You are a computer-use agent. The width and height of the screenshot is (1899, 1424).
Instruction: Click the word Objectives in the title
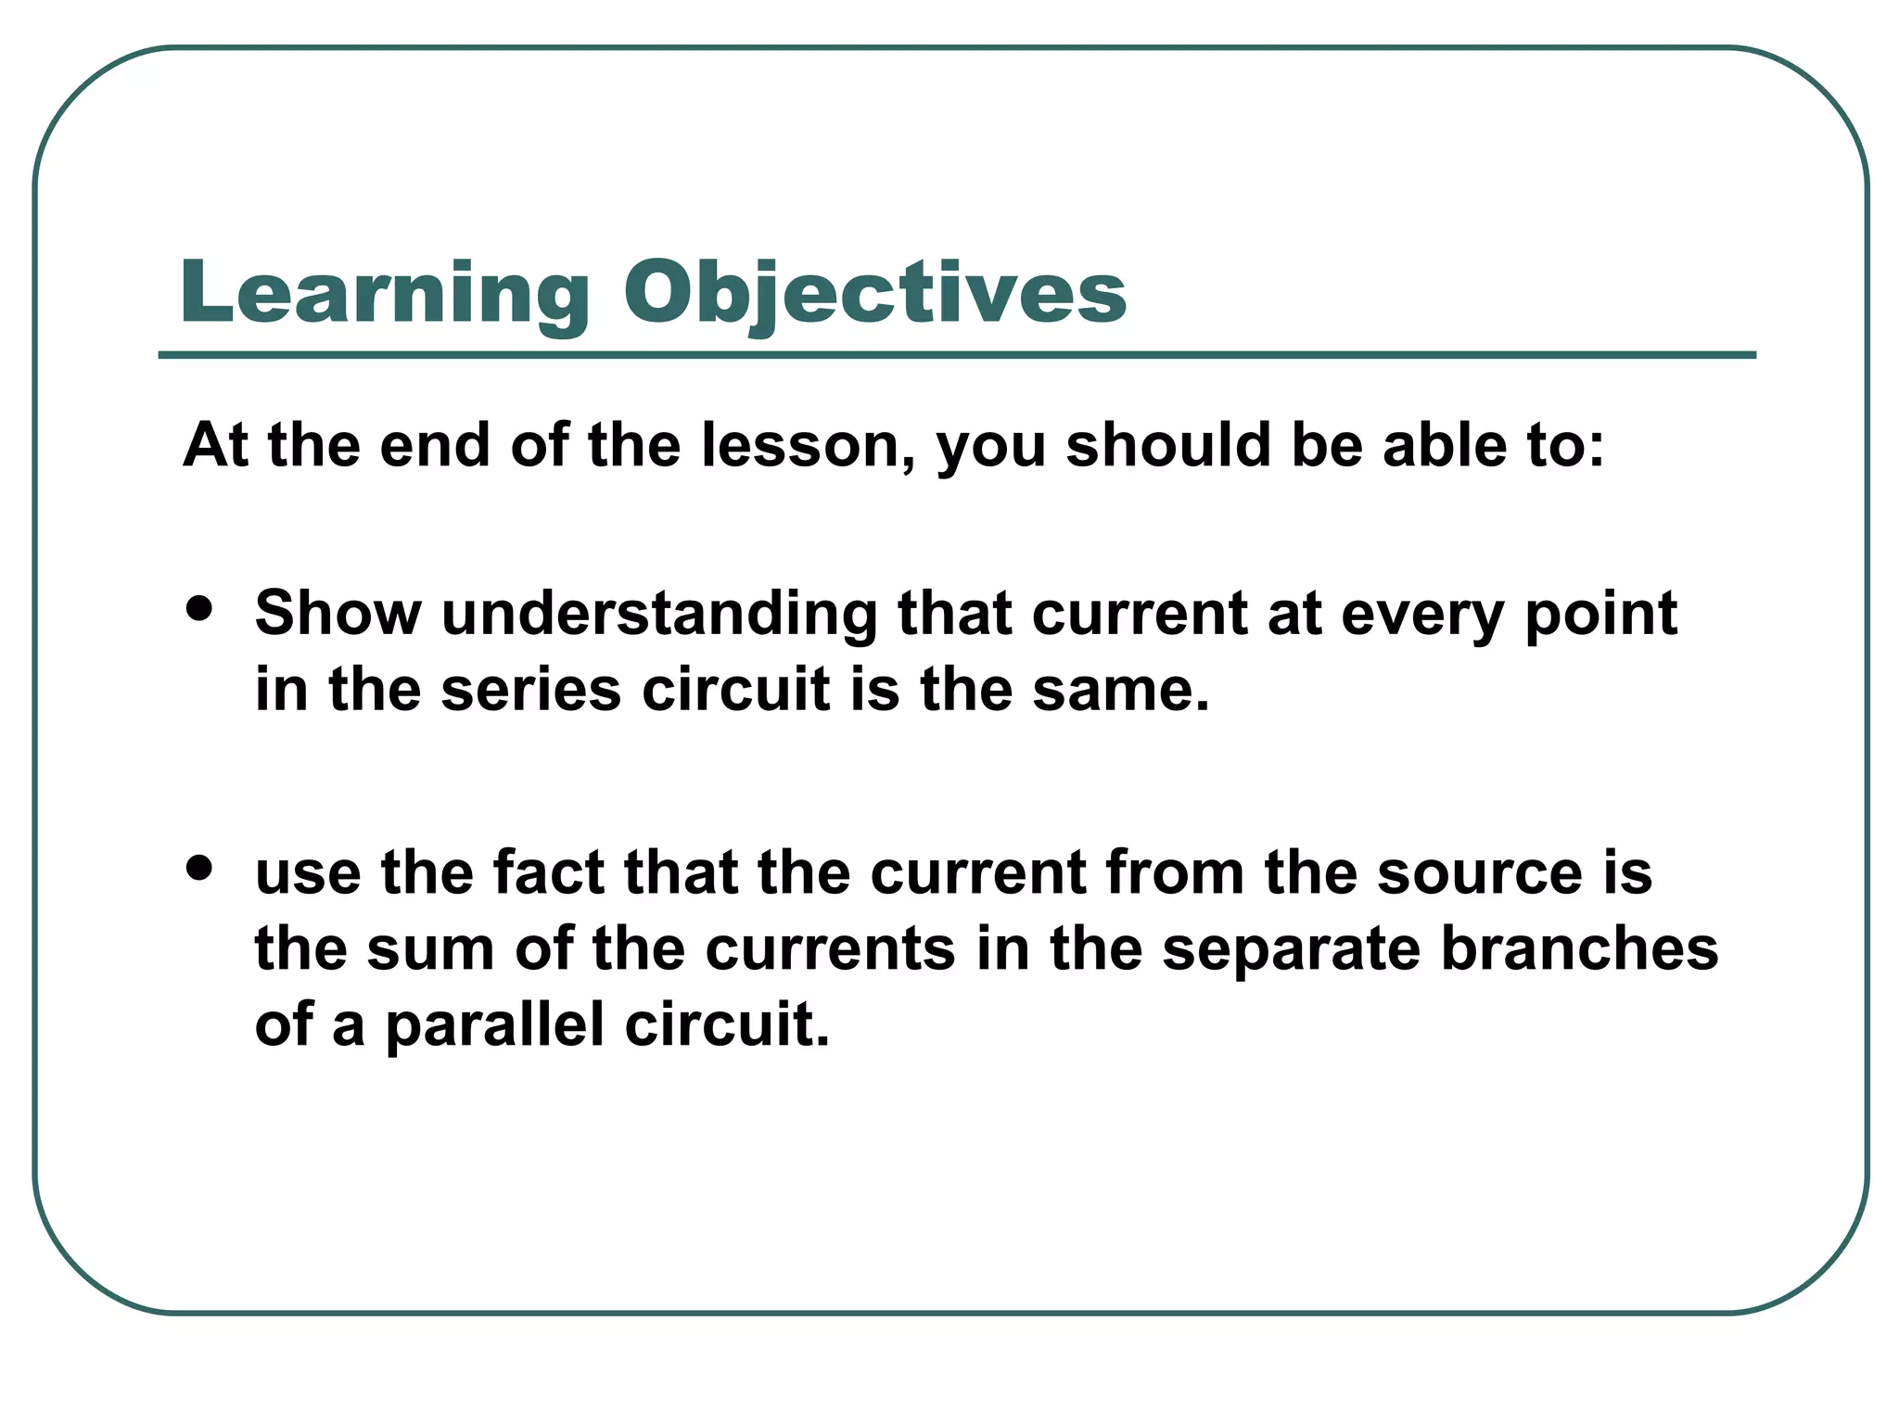874,294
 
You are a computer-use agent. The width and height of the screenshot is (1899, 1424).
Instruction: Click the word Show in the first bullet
338,614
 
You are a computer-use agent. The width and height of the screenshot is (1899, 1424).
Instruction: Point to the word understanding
659,614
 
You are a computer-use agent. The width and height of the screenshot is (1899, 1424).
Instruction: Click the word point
1600,616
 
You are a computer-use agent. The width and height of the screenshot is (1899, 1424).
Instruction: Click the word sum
430,949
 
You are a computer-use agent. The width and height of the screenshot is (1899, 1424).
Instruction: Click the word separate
1291,951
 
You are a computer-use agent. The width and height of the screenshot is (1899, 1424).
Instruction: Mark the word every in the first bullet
1421,616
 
